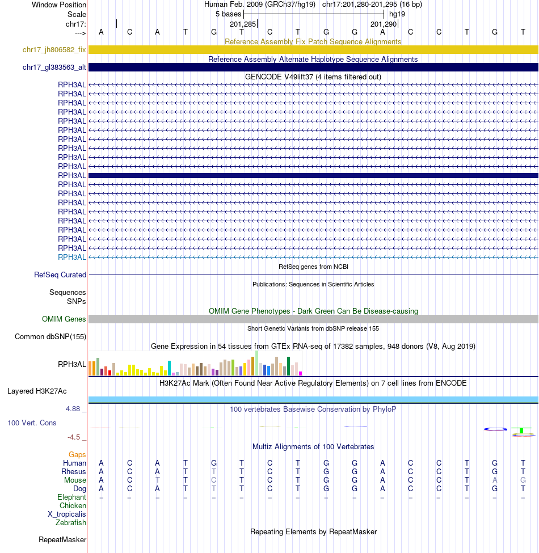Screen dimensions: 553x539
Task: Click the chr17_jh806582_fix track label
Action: (54, 50)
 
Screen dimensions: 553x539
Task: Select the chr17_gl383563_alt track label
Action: (54, 67)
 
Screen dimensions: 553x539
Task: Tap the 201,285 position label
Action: (243, 24)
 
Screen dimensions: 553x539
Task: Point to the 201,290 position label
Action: (384, 24)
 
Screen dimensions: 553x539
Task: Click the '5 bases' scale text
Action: (229, 14)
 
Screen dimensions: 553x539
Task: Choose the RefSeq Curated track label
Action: (60, 275)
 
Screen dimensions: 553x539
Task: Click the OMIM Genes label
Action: (64, 319)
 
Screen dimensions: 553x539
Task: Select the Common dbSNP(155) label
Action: (50, 337)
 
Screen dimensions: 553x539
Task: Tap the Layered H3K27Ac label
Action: (37, 391)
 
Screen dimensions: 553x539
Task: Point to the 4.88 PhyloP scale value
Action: (75, 408)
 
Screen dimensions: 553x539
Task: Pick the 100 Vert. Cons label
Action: (32, 423)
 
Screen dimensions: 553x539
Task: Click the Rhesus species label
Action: (74, 472)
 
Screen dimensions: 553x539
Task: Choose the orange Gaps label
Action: (77, 455)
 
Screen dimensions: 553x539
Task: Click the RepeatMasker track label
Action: (62, 540)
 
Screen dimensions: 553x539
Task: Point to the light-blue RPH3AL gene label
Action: (72, 257)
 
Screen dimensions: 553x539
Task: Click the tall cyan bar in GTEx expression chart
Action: (170, 368)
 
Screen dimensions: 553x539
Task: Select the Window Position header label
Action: (59, 5)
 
